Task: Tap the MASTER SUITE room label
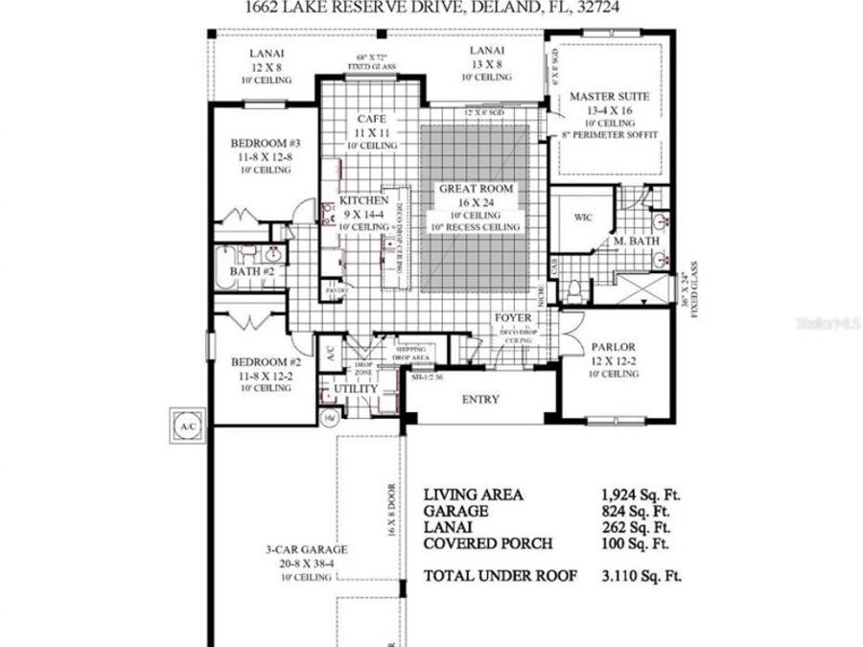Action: [609, 97]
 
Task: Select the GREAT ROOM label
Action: [477, 189]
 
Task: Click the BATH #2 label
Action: [252, 271]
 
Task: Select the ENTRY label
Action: [481, 399]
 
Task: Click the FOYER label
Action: [513, 317]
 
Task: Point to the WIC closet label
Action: [583, 218]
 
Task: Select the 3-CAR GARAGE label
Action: [307, 550]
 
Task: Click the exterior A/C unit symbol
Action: [185, 422]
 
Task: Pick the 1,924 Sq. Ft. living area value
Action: [640, 495]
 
